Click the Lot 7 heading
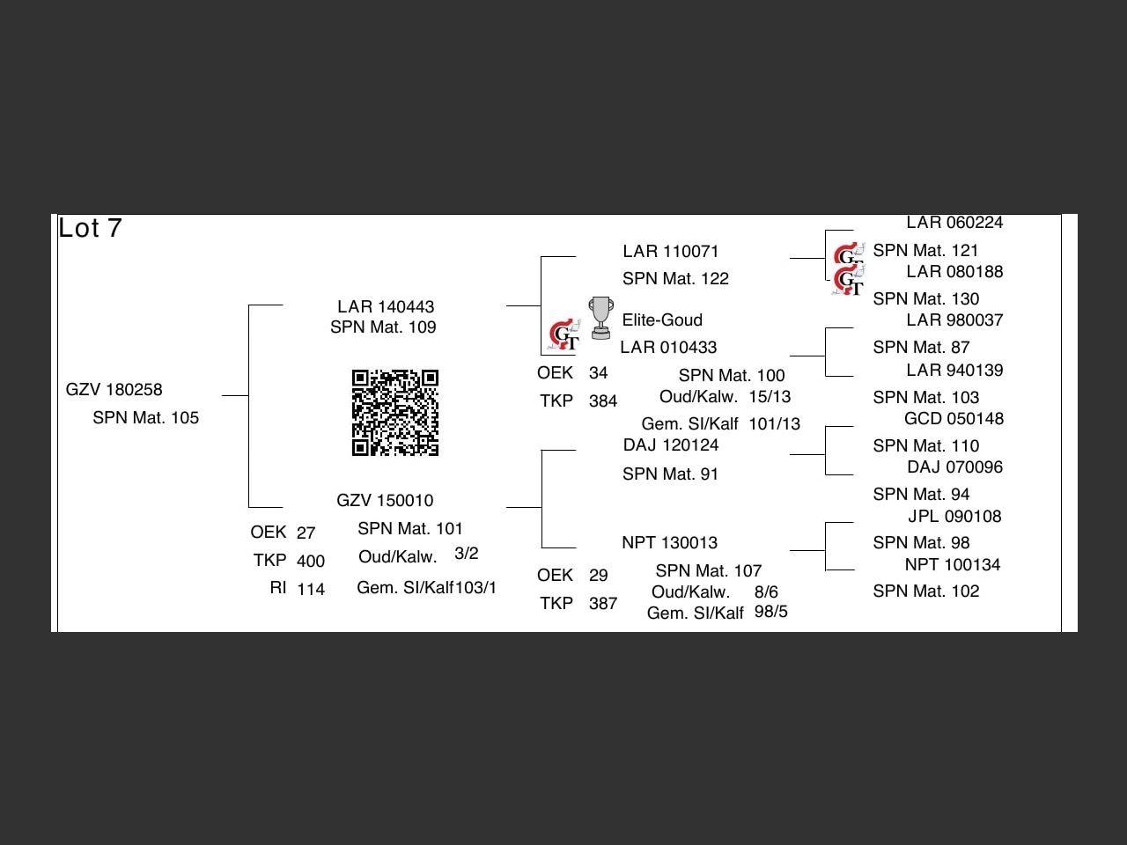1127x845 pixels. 90,229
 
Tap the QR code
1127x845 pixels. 395,413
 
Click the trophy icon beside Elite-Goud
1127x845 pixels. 600,318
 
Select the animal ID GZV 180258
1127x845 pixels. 114,390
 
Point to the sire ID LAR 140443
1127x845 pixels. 386,306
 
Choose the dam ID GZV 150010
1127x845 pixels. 385,501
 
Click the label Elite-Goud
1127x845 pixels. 662,320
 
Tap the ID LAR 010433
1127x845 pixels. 668,348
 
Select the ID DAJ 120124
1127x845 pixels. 671,445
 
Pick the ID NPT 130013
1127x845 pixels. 669,543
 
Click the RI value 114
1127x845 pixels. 311,590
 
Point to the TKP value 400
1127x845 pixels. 311,562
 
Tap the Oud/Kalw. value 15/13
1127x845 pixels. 770,397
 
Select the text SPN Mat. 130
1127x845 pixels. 925,299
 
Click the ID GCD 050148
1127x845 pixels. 954,419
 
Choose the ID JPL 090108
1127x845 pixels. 954,517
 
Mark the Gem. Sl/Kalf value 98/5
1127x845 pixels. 770,612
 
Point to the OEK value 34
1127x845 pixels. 598,373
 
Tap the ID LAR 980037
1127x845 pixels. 954,320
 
